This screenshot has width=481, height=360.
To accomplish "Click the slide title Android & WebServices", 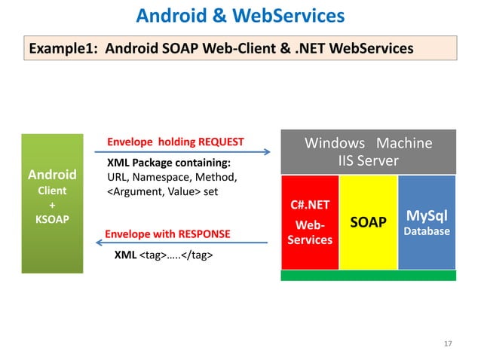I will (240, 15).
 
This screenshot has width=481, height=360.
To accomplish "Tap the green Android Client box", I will (52, 203).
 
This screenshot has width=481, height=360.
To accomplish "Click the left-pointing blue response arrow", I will (182, 243).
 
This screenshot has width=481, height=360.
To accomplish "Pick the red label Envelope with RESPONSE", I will (167, 233).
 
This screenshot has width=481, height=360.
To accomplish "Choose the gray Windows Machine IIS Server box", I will (368, 152).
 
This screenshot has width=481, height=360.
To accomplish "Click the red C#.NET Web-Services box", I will (310, 222).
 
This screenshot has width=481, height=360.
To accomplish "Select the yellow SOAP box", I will (368, 222).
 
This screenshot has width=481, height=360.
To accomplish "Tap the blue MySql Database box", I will (427, 222).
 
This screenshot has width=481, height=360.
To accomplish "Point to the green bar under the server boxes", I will (368, 276).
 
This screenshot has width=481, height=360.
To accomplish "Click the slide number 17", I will (448, 343).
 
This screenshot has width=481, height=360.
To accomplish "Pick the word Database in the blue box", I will (427, 231).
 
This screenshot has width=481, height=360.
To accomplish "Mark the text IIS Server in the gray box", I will (368, 161).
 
